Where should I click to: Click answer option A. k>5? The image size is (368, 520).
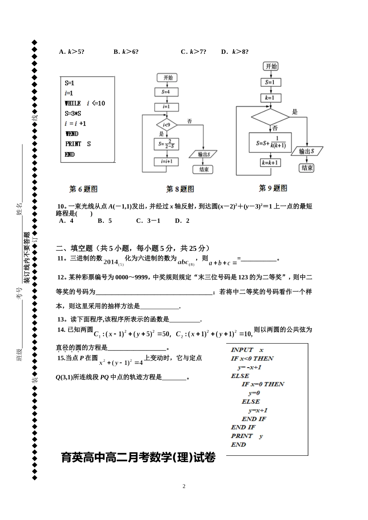point(72,51)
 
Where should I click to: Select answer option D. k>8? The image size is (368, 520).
point(235,51)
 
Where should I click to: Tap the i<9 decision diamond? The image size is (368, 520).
point(167,125)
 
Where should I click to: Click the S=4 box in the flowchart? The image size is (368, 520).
point(166,92)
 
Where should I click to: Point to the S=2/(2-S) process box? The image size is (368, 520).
point(166,144)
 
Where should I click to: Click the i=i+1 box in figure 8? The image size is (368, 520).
point(166,162)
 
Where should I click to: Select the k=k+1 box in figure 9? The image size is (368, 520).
point(270,162)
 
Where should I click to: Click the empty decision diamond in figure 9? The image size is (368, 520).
point(270,116)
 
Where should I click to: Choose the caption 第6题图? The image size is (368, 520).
point(83,189)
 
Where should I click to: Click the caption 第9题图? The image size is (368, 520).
point(273,188)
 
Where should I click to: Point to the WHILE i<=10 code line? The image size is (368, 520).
point(85,103)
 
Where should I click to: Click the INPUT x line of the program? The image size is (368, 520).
point(247,350)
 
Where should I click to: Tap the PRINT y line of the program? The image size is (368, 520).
point(247,436)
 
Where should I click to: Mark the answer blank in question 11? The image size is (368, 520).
point(259,259)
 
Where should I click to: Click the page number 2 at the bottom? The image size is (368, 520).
point(184,486)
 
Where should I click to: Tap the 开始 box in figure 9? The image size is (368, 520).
point(271,66)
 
